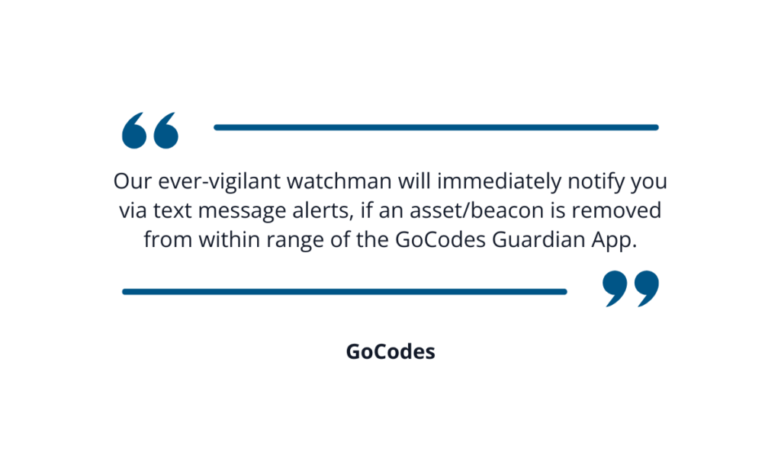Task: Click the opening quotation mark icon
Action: coord(150,130)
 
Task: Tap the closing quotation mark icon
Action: coord(631,289)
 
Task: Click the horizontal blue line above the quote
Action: coord(436,127)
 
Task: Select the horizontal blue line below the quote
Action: coord(345,292)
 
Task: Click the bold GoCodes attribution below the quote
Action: coord(390,351)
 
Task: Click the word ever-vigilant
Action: coord(220,181)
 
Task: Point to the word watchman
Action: coord(339,181)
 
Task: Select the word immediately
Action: coord(499,181)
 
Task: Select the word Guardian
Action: coord(538,240)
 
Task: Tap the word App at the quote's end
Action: coord(614,240)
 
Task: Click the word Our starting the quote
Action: coord(133,181)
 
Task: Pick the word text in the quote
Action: coord(172,210)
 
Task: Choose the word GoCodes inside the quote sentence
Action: coord(440,240)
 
